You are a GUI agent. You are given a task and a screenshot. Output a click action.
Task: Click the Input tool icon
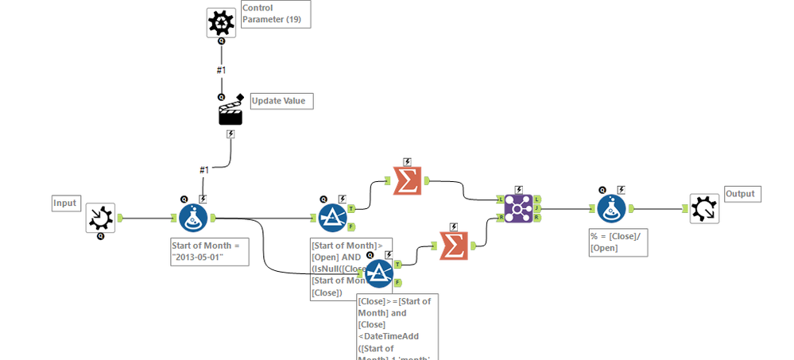tap(101, 215)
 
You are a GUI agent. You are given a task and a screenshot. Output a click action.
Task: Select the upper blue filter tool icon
tap(332, 217)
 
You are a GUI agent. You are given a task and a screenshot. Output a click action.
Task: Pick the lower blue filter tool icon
tap(380, 273)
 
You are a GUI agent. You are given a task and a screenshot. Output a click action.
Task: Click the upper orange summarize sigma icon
tap(407, 181)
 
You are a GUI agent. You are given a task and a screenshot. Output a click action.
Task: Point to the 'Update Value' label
tap(282, 101)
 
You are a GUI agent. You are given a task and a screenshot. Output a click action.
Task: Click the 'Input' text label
tap(65, 203)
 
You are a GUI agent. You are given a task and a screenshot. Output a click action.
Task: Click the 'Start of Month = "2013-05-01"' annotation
tap(209, 252)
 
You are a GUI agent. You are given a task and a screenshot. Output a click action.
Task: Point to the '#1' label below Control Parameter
tap(221, 70)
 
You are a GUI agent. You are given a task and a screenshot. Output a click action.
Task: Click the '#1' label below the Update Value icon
tap(203, 169)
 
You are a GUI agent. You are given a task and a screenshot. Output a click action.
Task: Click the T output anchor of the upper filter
tap(351, 208)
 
